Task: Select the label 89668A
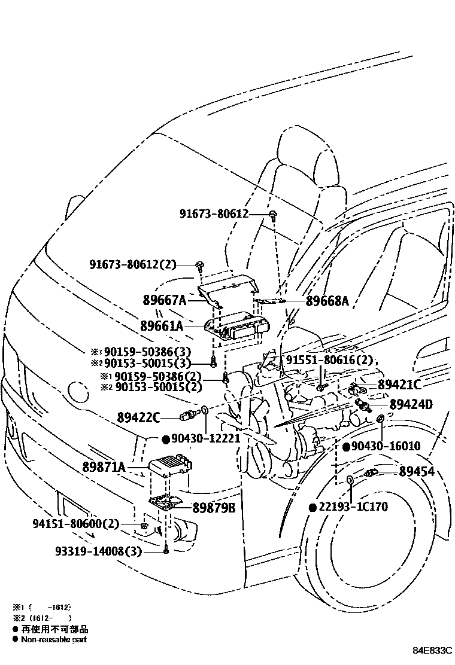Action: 326,302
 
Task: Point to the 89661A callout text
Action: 162,327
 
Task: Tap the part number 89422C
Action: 139,417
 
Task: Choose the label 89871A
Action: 104,467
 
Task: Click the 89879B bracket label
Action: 214,508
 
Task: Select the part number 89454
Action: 417,472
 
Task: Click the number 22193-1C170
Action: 354,507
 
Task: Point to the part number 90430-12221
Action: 205,438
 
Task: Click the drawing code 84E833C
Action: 431,650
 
